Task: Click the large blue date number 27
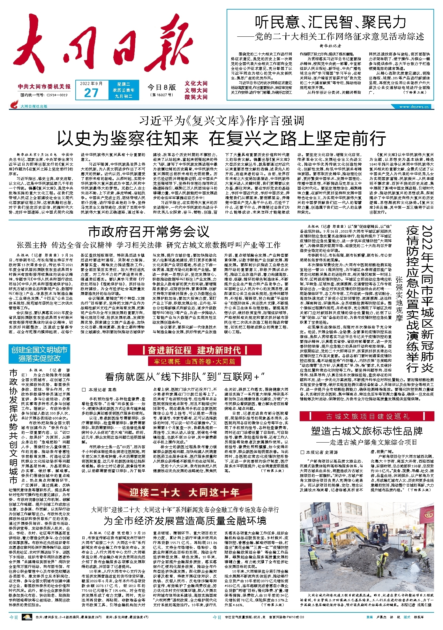(x=91, y=93)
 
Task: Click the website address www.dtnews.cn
(x=415, y=106)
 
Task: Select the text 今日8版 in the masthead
(x=162, y=87)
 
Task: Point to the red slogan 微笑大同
(x=196, y=97)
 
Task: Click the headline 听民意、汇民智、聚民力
(x=330, y=23)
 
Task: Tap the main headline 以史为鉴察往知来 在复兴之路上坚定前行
(x=221, y=138)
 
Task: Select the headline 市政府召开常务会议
(x=148, y=232)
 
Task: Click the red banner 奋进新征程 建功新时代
(x=194, y=350)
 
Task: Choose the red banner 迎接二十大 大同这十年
(x=184, y=492)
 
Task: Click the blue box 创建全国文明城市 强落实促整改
(x=39, y=354)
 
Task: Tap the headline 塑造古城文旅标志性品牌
(x=367, y=431)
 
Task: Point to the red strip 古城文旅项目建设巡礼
(x=367, y=416)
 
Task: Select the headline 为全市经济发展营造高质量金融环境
(x=185, y=521)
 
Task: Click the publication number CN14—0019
(x=57, y=95)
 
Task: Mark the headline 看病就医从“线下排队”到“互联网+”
(x=185, y=377)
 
